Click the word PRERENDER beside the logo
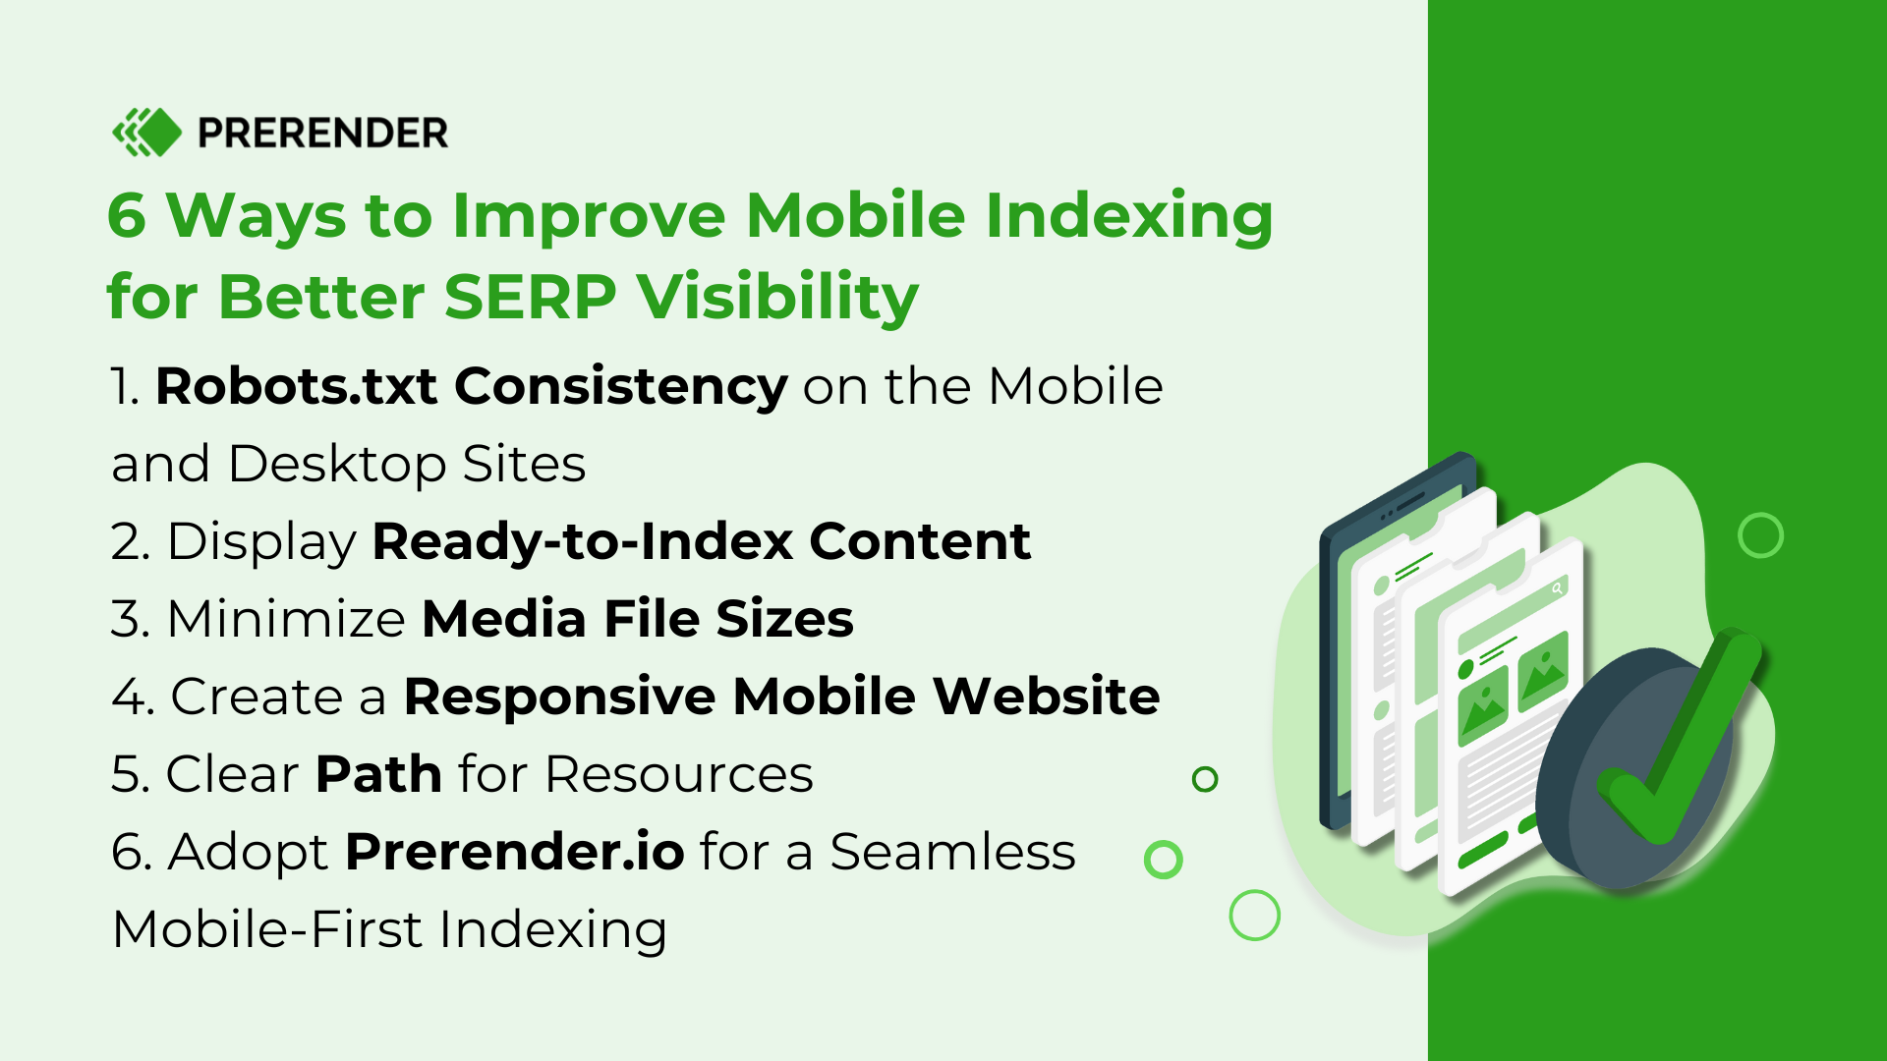coord(322,133)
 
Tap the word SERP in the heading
coord(530,296)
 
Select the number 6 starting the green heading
coord(126,215)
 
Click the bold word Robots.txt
coord(296,386)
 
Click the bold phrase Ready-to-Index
coord(582,541)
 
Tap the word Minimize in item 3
coord(286,619)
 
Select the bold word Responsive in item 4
coord(559,697)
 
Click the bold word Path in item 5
coord(378,774)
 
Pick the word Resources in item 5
coord(678,774)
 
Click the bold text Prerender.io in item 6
coord(514,852)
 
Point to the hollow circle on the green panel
coord(1759,535)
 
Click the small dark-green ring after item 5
coord(1205,779)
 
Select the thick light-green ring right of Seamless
coord(1163,860)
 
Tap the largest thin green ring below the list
coord(1254,916)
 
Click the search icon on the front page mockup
coord(1557,588)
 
